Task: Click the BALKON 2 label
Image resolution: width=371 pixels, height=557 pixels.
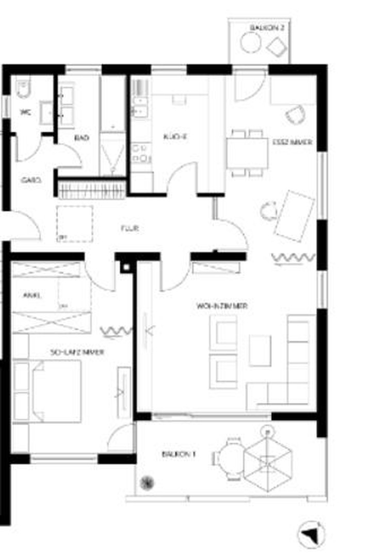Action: pos(267,27)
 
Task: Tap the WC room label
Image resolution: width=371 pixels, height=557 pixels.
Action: pos(23,112)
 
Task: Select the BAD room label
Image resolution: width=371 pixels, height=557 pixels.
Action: pos(82,138)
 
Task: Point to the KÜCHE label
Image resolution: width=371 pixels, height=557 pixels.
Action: pos(175,138)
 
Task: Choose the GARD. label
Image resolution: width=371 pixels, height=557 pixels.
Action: pos(30,181)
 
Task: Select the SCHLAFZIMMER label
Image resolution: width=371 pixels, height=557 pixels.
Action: pos(77,352)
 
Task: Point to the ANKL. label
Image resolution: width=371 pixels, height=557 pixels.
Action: pos(32,296)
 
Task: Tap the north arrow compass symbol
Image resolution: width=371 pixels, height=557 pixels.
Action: pos(312,535)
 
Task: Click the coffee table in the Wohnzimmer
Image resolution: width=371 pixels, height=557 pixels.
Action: pos(260,350)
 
